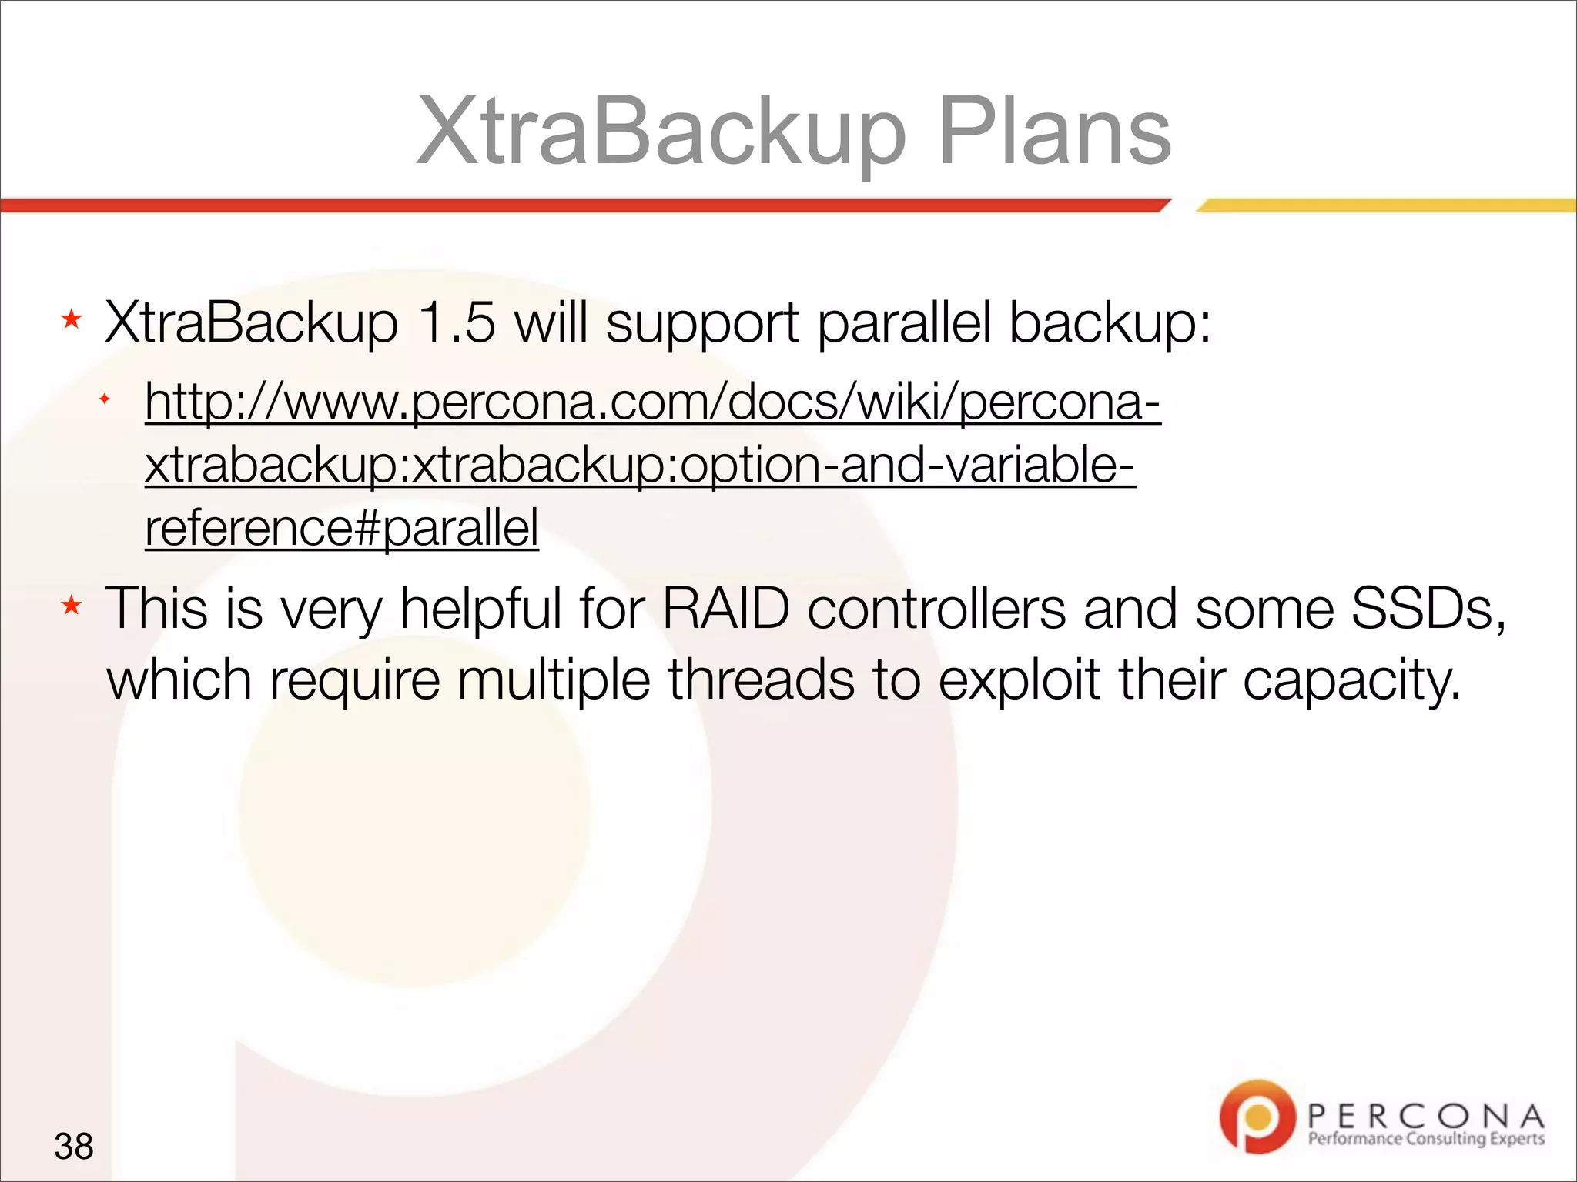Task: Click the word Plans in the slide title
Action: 1055,132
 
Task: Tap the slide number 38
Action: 74,1146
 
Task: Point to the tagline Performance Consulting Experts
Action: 1426,1139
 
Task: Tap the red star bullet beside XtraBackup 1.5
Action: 72,319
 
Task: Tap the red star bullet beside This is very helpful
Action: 72,606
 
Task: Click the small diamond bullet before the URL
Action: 105,399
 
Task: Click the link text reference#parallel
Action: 342,528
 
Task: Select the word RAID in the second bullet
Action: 725,609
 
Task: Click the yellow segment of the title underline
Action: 1386,205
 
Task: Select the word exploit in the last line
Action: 1019,681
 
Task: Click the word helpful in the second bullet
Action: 480,609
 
